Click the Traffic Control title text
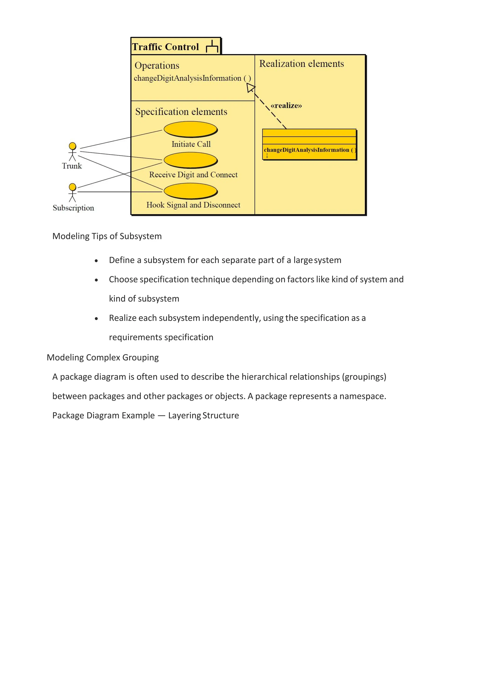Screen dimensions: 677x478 pos(165,47)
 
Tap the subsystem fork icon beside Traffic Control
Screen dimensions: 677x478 pos(212,47)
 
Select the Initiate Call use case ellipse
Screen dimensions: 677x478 pos(190,129)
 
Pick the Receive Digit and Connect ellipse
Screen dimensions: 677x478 pos(190,160)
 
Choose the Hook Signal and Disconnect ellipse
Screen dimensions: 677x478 pos(190,191)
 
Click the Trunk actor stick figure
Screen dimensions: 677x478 pos(72,152)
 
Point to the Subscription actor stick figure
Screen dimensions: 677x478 pos(72,193)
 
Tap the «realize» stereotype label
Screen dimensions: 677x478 pos(286,106)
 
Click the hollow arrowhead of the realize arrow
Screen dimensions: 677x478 pos(251,88)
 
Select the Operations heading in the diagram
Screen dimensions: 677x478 pos(157,65)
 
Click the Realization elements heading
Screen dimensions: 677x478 pos(301,64)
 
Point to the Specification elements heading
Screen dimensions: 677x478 pos(181,112)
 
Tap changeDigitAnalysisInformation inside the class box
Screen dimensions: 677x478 pos(306,150)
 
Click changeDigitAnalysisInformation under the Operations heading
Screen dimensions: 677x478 pos(188,78)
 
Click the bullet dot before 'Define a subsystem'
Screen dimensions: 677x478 pos(96,261)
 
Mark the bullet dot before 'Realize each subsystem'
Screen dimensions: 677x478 pos(96,318)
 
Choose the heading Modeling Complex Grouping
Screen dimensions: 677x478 pos(103,357)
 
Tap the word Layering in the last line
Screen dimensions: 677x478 pos(184,416)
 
